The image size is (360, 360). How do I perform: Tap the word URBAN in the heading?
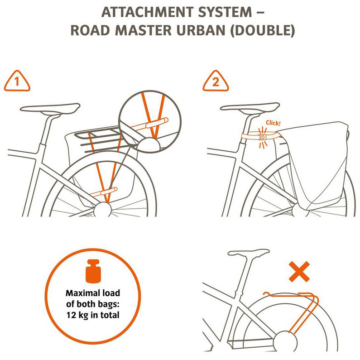click(201, 30)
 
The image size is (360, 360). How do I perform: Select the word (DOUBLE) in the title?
click(263, 31)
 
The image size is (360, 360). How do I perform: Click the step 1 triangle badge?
click(17, 81)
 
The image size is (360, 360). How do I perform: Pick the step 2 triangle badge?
click(216, 81)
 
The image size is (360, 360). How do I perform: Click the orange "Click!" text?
click(273, 123)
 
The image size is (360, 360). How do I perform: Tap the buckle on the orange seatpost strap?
click(263, 137)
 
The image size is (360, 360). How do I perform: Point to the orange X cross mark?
click(299, 272)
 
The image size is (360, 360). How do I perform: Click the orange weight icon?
click(93, 271)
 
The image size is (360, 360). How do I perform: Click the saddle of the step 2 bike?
click(250, 107)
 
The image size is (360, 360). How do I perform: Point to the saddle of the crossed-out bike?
click(249, 253)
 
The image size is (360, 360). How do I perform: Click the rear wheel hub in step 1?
click(102, 209)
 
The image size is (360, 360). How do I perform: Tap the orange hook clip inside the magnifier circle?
click(157, 123)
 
